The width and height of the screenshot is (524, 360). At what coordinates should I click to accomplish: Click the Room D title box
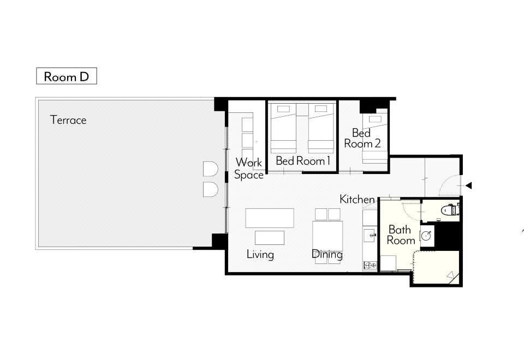[67, 76]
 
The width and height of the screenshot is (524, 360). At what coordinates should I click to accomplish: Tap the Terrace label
[68, 120]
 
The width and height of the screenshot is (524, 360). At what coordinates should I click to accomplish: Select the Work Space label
[249, 169]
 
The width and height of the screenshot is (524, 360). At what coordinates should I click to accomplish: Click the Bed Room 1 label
[303, 161]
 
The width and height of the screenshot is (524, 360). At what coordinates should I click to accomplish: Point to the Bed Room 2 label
[362, 138]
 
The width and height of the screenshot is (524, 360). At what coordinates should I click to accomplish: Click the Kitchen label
[357, 200]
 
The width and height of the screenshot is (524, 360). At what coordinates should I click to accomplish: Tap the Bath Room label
[401, 235]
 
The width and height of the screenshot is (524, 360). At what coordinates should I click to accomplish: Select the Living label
[260, 255]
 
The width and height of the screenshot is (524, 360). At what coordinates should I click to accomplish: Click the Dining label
[327, 255]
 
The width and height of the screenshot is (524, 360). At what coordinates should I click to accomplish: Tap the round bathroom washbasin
[427, 236]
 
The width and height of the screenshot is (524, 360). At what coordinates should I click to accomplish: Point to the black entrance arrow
[469, 185]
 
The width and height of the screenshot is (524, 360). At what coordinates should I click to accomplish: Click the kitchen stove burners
[370, 266]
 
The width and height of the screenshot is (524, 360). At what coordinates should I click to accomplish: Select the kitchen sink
[370, 236]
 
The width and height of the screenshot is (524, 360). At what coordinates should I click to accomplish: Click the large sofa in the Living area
[270, 218]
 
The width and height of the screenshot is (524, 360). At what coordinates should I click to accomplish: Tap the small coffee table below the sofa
[270, 238]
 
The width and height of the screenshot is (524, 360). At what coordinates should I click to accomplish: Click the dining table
[327, 236]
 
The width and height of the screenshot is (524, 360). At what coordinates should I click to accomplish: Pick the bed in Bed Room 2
[375, 139]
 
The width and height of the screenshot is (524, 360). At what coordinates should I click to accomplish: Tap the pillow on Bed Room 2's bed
[374, 119]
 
